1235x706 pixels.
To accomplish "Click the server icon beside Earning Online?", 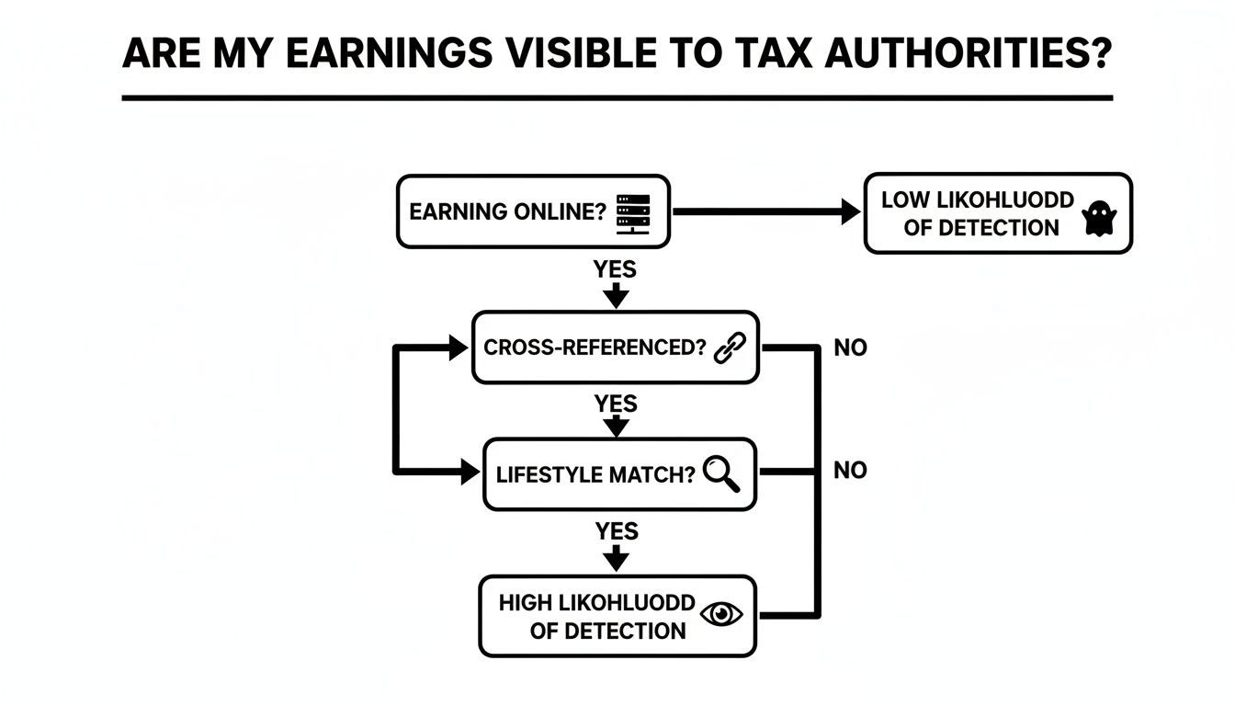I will [632, 211].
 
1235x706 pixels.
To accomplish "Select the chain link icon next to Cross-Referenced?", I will [730, 347].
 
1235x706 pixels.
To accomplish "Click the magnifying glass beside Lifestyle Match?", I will [720, 473].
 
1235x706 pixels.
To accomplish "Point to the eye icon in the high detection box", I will [720, 615].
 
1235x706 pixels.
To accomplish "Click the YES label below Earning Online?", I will [616, 270].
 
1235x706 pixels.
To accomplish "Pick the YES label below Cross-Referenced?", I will [616, 404].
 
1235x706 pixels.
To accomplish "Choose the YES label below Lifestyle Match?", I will [616, 530].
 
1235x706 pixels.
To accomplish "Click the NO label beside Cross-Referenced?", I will [850, 348].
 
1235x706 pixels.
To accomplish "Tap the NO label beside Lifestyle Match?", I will [850, 471].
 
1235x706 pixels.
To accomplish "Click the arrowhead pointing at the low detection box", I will [851, 212].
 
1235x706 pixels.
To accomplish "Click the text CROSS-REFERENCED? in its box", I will [595, 348].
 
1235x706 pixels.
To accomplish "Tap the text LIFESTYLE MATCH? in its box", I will [595, 475].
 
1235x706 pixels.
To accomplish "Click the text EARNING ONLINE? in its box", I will [507, 211].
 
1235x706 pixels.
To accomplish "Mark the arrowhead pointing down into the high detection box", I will [617, 560].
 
